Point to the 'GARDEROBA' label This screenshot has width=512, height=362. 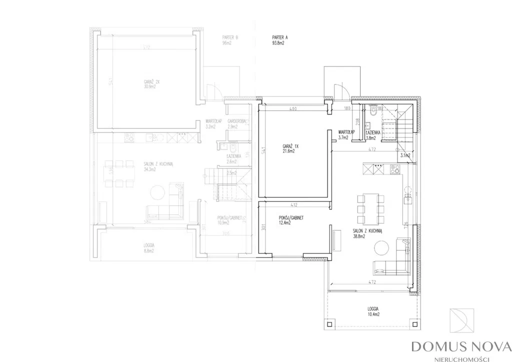click(235, 121)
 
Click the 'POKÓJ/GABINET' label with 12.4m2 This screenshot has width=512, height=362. click(292, 218)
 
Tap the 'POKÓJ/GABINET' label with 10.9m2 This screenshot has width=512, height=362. click(229, 218)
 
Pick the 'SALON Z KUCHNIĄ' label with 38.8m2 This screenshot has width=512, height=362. click(367, 231)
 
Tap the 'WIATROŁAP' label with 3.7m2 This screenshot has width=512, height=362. click(346, 131)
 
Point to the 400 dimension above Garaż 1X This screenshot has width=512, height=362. click(293, 108)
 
